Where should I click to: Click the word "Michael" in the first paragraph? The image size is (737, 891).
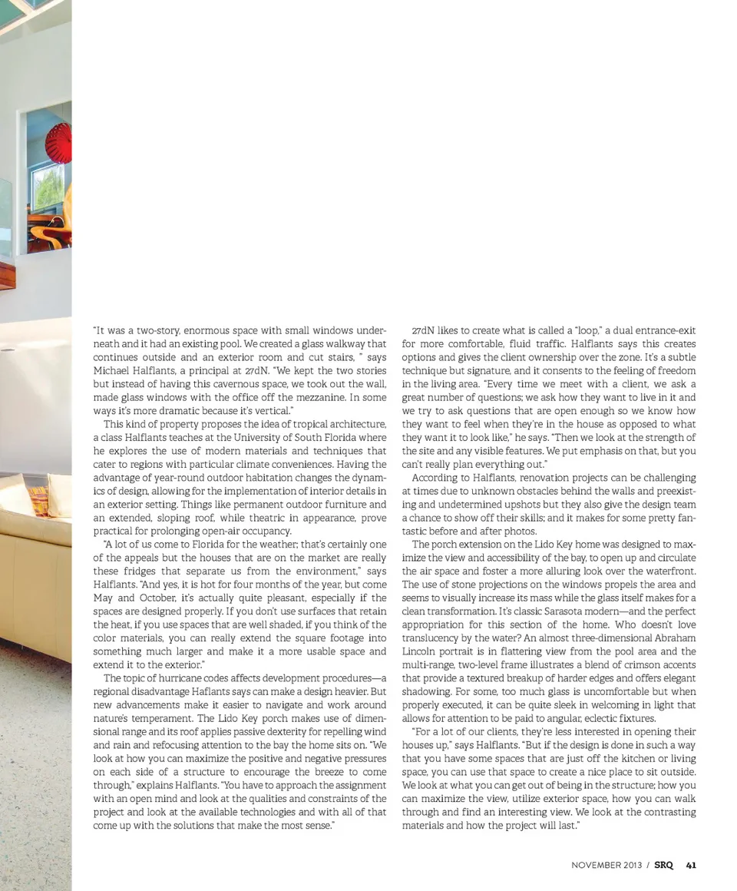(x=111, y=371)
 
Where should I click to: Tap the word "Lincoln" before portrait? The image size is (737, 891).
(x=420, y=651)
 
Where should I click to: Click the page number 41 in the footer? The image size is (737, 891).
(x=691, y=865)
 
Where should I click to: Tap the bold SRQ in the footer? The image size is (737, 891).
(x=663, y=865)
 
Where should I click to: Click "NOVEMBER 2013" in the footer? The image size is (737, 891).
(x=606, y=865)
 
